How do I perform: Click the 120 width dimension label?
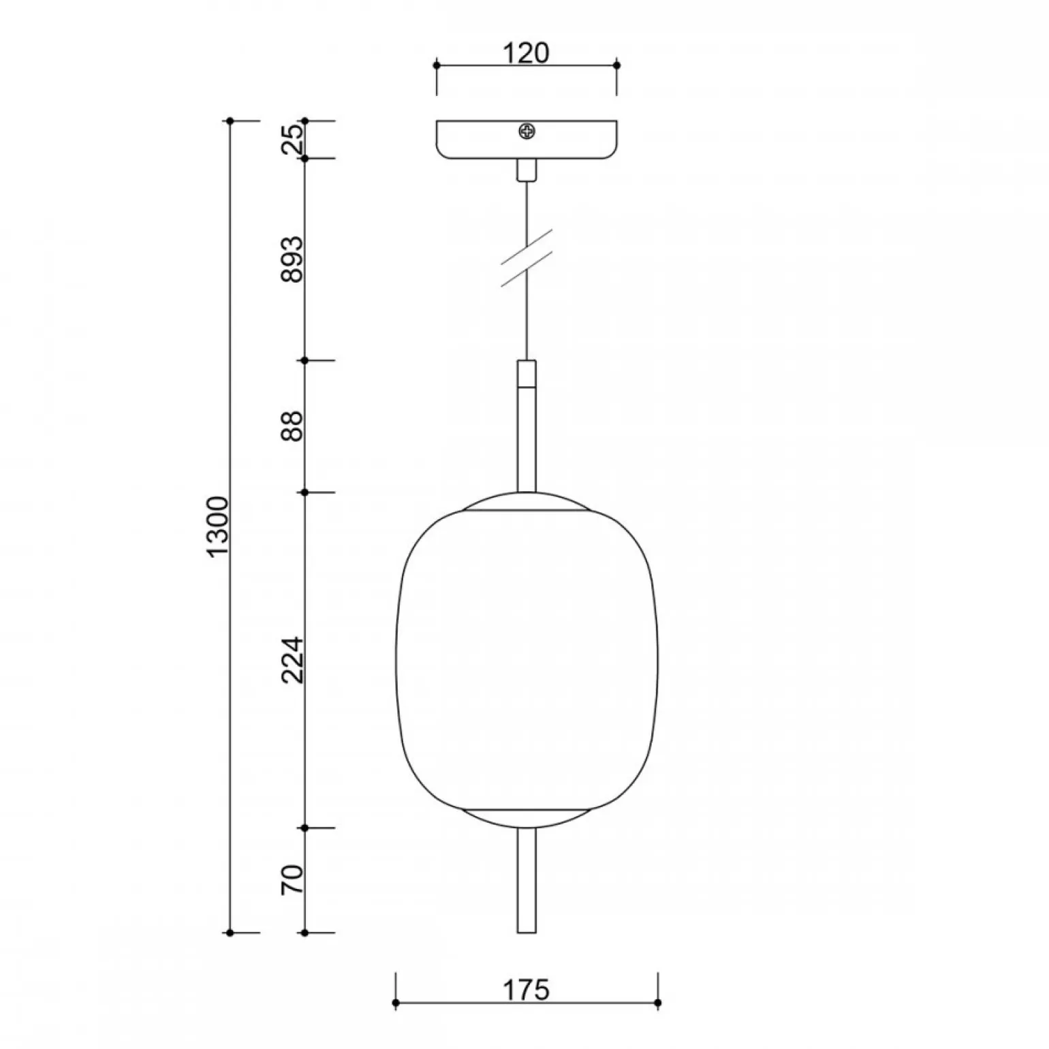pyautogui.click(x=526, y=52)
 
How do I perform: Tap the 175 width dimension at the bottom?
pyautogui.click(x=527, y=990)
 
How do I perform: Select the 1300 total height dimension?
pyautogui.click(x=219, y=527)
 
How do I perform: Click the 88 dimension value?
pyautogui.click(x=293, y=426)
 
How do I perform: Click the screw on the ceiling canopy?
pyautogui.click(x=526, y=131)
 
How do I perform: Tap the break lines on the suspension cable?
pyautogui.click(x=527, y=257)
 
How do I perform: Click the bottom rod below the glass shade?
pyautogui.click(x=526, y=880)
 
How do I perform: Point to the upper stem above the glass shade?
pyautogui.click(x=526, y=439)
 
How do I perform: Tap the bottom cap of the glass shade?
pyautogui.click(x=526, y=818)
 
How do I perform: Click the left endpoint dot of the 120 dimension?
pyautogui.click(x=437, y=65)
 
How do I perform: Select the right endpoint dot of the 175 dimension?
pyautogui.click(x=658, y=1003)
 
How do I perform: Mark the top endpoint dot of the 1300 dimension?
pyautogui.click(x=230, y=121)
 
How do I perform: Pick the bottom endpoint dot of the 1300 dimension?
pyautogui.click(x=230, y=933)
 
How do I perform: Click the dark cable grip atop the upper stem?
pyautogui.click(x=526, y=373)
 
